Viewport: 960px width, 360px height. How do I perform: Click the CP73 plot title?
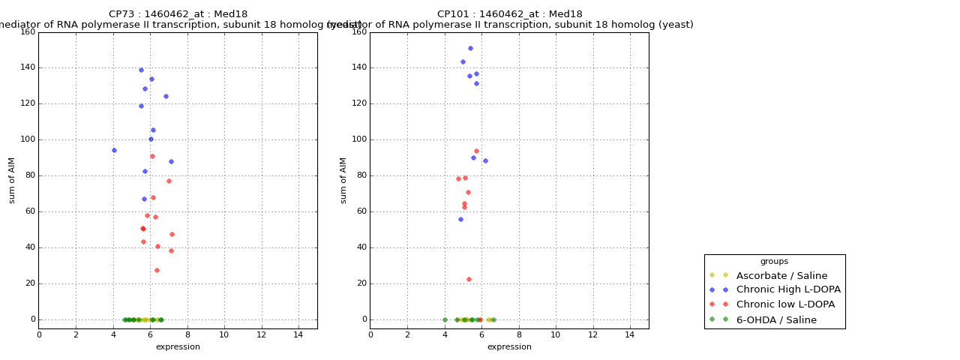coord(178,14)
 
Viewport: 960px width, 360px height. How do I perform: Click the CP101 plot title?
coord(509,14)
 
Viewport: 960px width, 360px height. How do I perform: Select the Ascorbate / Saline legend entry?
coord(781,276)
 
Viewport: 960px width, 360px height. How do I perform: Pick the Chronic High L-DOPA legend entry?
coord(788,290)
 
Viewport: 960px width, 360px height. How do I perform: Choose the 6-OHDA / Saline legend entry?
coord(776,320)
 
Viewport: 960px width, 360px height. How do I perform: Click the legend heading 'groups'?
coord(774,262)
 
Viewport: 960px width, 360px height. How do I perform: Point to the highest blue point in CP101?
coord(470,48)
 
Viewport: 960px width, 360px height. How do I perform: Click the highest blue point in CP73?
coord(141,70)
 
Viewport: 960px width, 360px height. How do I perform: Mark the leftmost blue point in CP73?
coord(114,150)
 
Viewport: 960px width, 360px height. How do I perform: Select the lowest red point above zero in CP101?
coord(469,279)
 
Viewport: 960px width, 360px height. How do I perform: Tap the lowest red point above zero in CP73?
coord(157,270)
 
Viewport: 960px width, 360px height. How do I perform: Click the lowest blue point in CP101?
coord(460,219)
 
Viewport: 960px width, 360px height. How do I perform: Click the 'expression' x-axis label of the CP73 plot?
coord(178,347)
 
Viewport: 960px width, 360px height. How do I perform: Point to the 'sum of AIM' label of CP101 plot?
coord(343,180)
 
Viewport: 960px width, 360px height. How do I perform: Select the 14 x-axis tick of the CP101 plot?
coord(630,334)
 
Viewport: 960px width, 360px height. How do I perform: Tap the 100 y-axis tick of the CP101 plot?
coord(358,139)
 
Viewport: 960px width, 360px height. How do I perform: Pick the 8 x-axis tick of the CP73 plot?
coord(187,334)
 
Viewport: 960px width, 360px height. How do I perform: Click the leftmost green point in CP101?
coord(445,319)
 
